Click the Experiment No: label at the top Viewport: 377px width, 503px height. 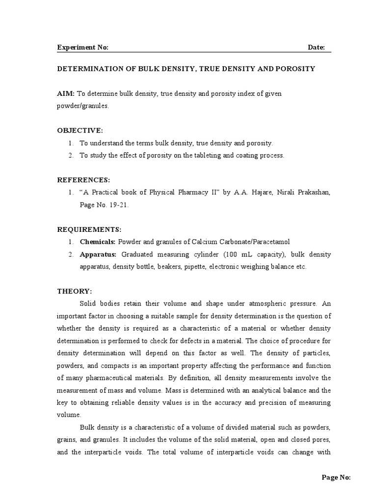click(83, 47)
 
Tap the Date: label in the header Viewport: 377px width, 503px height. click(316, 47)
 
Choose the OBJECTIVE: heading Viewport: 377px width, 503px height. click(81, 130)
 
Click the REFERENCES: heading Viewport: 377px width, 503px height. click(84, 180)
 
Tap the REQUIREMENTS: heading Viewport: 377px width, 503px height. click(89, 229)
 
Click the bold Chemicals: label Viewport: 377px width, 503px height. click(98, 242)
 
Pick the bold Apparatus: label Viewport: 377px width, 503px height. click(98, 254)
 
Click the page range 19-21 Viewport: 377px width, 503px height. click(119, 205)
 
